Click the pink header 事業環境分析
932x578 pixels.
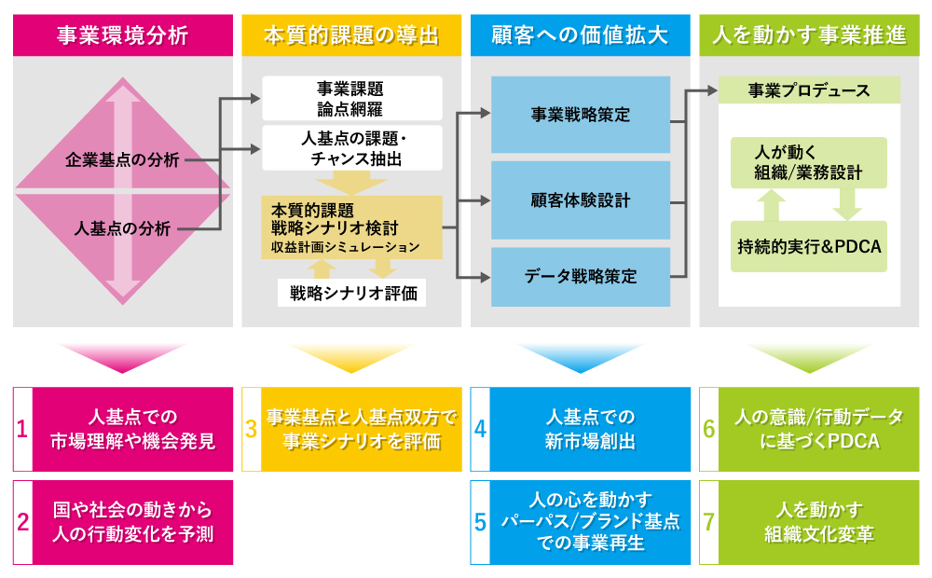122,36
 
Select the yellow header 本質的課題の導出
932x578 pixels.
351,36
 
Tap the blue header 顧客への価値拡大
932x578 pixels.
580,36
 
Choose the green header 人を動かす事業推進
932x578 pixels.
809,36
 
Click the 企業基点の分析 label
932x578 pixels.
122,159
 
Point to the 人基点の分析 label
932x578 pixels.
122,227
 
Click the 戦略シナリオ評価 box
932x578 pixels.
351,293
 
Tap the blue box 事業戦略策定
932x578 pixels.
581,115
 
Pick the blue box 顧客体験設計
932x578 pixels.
581,200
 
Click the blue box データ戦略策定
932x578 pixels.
581,277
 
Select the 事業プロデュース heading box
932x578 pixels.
809,90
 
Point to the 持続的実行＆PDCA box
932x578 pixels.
809,248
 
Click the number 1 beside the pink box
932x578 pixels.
23,429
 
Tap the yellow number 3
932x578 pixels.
252,429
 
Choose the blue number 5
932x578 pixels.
480,522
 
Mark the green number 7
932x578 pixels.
709,522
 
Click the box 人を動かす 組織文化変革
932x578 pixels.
818,522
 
